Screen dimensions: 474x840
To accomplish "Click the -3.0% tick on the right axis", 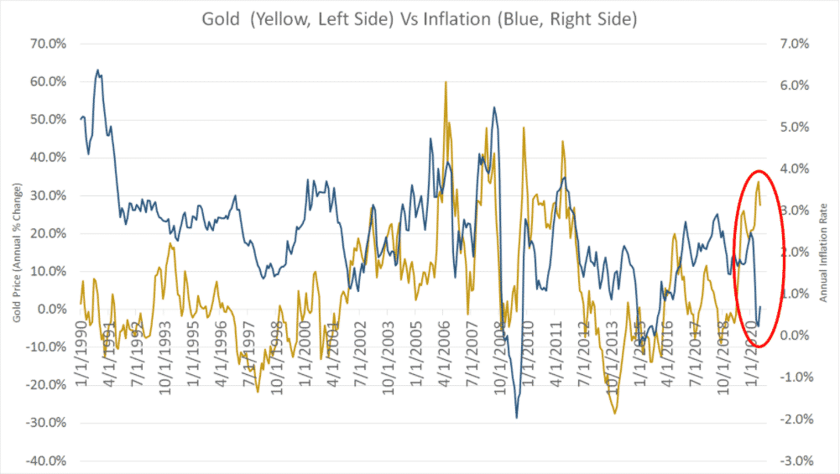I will (x=798, y=461).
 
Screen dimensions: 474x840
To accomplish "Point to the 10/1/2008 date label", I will (x=502, y=352).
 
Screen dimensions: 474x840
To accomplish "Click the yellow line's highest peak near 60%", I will (x=446, y=82).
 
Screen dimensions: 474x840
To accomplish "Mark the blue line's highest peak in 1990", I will (x=97, y=70).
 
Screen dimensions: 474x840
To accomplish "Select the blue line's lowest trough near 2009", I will (x=516, y=417).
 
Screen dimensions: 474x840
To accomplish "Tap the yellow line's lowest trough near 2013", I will (x=615, y=413).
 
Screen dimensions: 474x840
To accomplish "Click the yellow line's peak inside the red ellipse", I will (x=759, y=182).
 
